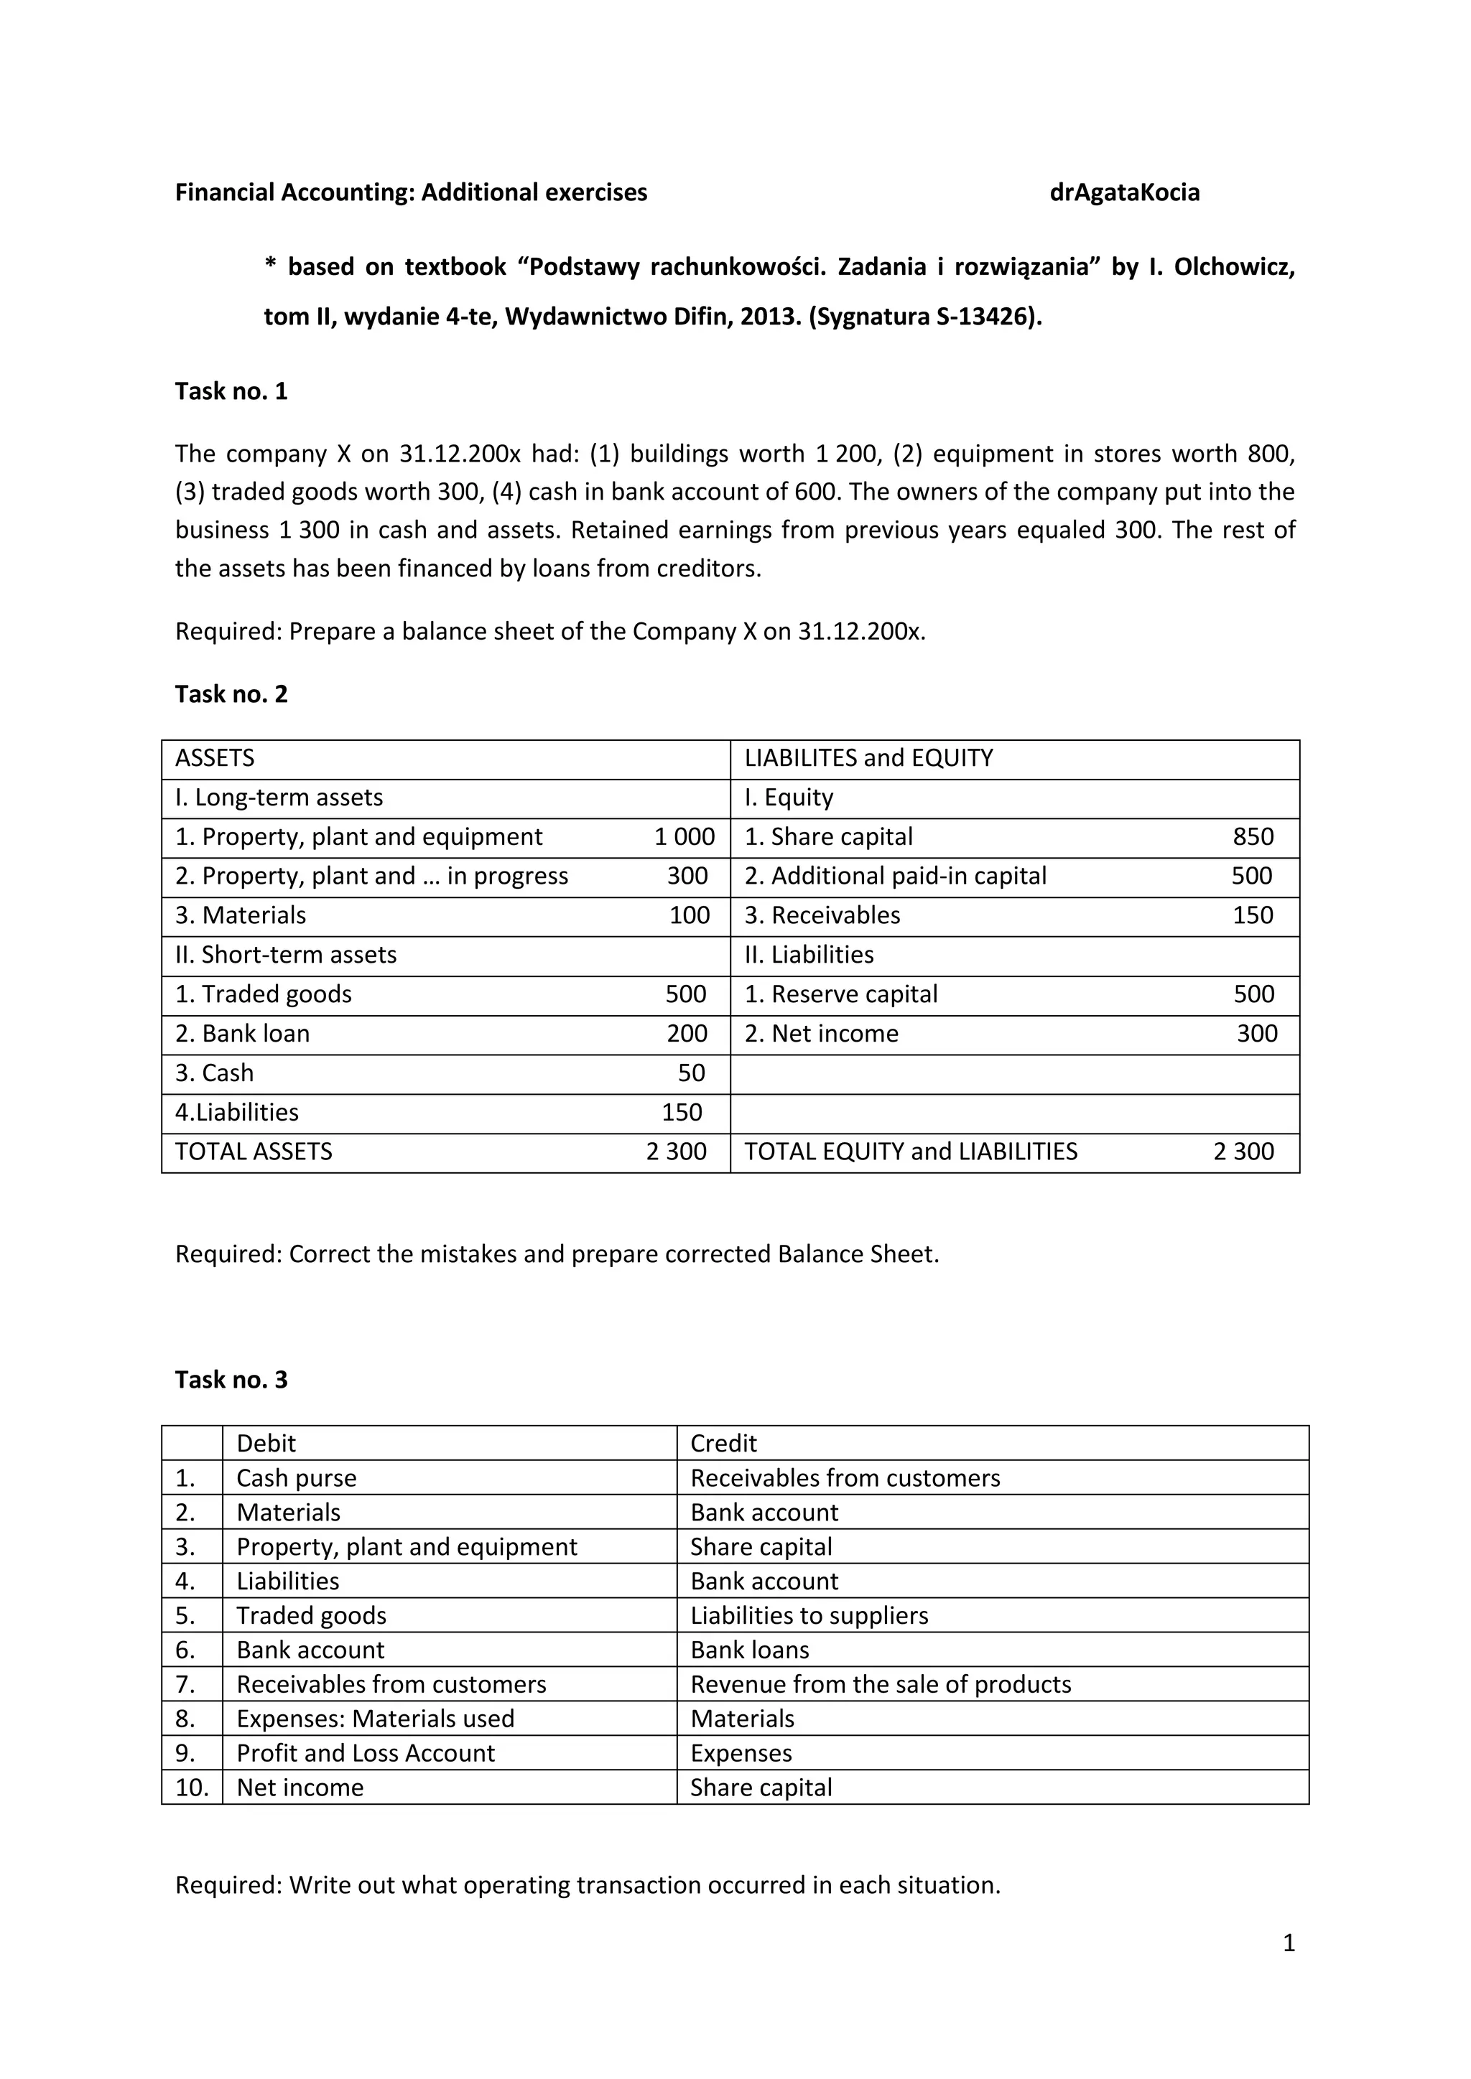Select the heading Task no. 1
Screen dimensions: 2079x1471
(x=231, y=391)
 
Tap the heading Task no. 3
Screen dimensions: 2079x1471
(x=231, y=1379)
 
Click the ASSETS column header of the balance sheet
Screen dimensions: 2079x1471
(x=215, y=758)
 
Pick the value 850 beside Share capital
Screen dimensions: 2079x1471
(x=1253, y=836)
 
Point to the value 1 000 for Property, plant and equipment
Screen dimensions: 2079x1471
(x=684, y=836)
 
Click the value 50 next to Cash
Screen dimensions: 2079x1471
(x=691, y=1073)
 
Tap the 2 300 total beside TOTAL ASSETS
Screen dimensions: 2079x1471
(x=676, y=1151)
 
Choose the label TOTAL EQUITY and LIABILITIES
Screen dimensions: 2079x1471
(x=910, y=1151)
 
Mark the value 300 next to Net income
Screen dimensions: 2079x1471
(x=1257, y=1033)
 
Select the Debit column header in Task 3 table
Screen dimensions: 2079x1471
(x=266, y=1444)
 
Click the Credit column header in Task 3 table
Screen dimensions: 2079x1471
(x=723, y=1444)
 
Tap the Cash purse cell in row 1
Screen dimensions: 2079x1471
(x=296, y=1477)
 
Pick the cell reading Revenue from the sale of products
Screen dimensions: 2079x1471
(x=881, y=1684)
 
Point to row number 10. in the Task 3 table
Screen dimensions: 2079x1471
(x=192, y=1788)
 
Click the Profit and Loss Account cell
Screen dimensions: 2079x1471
(x=365, y=1753)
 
